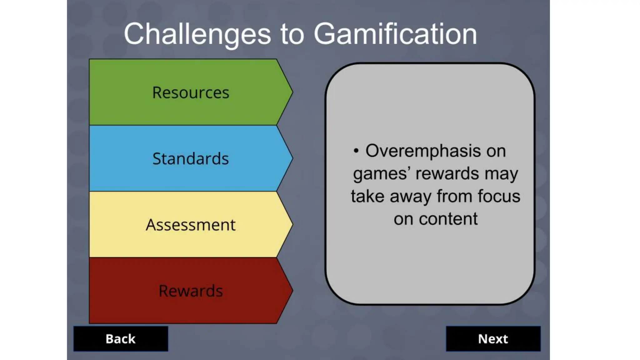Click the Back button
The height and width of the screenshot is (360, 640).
point(121,339)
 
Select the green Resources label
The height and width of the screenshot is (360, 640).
point(191,92)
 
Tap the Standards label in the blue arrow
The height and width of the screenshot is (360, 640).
point(191,158)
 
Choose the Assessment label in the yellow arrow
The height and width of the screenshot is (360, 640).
point(191,225)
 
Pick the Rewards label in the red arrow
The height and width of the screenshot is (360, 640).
point(191,291)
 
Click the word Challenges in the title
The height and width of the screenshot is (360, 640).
point(197,34)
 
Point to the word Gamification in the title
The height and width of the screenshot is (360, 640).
point(395,34)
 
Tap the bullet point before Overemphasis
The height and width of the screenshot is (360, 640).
point(356,151)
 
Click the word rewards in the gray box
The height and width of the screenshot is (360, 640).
point(447,174)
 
